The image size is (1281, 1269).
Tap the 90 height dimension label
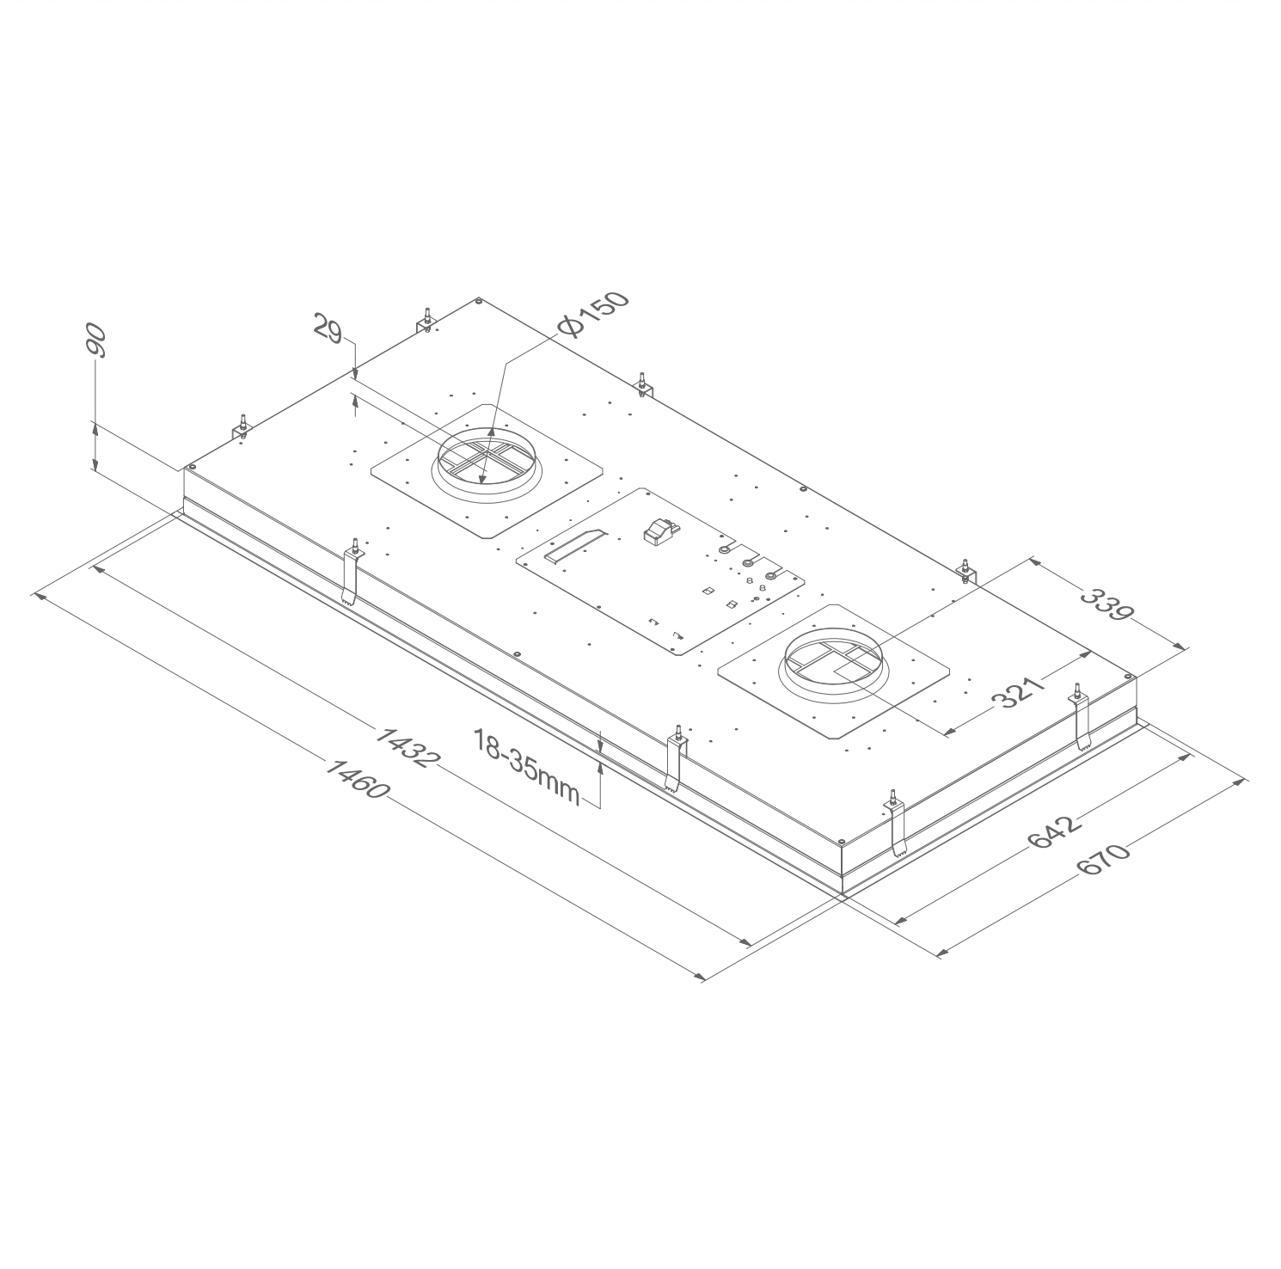[95, 342]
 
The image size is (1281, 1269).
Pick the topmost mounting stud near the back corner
[425, 320]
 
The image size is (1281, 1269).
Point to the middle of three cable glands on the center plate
[748, 564]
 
